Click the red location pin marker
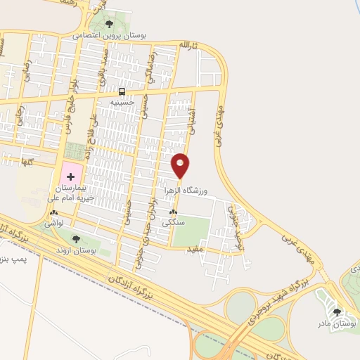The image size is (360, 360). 181,166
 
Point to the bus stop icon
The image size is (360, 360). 122,91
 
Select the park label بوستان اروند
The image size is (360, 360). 76,250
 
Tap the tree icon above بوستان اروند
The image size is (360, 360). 76,240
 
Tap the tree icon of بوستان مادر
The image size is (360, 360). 336,311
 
